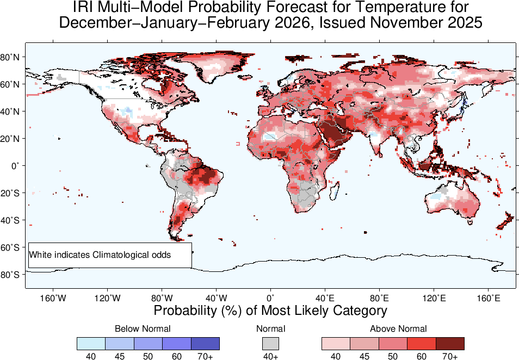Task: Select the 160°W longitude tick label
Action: pos(53,298)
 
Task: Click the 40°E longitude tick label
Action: pos(325,298)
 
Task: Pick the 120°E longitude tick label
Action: pos(434,298)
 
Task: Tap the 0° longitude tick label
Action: pos(270,298)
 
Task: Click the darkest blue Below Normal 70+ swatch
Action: pos(205,343)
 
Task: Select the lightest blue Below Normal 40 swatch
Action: pos(91,343)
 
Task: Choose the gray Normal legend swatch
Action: pos(270,343)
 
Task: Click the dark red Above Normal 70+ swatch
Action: pos(450,343)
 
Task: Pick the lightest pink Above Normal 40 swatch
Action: pos(336,343)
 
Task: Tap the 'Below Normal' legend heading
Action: pos(143,328)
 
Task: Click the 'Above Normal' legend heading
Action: pos(398,328)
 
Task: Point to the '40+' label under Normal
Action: pos(270,356)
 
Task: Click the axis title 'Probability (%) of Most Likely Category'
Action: pos(270,311)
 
